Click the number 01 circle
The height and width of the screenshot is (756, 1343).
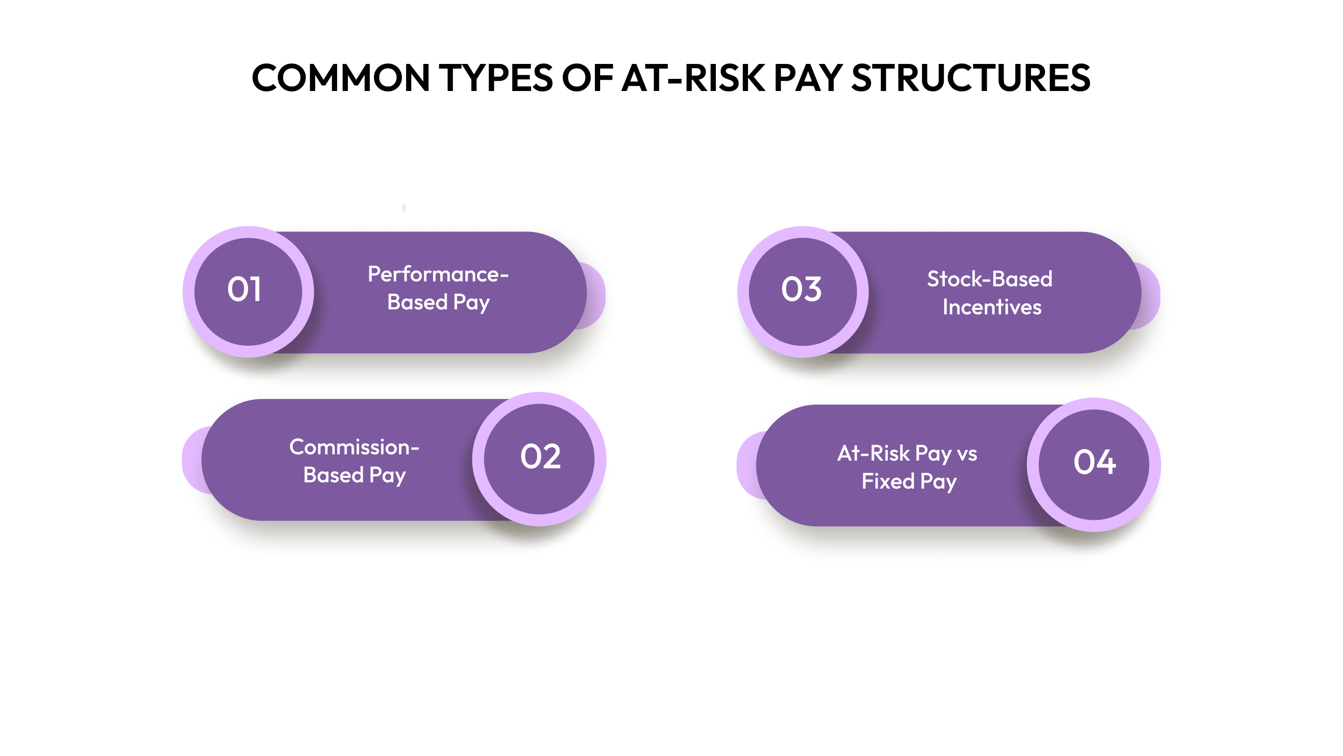(248, 291)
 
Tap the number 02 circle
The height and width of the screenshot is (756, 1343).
(540, 459)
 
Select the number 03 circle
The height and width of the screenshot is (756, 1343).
(803, 291)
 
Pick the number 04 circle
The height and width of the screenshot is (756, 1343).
(1094, 464)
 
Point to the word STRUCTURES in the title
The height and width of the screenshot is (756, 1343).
(971, 78)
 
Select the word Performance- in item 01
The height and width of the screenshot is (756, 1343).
(438, 274)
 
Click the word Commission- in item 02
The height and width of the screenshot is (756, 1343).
(354, 447)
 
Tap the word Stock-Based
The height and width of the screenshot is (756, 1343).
(990, 279)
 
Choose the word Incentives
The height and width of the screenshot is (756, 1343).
(991, 308)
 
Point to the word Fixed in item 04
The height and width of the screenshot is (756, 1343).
(888, 481)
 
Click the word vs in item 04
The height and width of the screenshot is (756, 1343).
(967, 454)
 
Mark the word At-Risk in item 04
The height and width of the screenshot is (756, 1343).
(873, 454)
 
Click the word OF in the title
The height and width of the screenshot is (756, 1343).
(588, 78)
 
